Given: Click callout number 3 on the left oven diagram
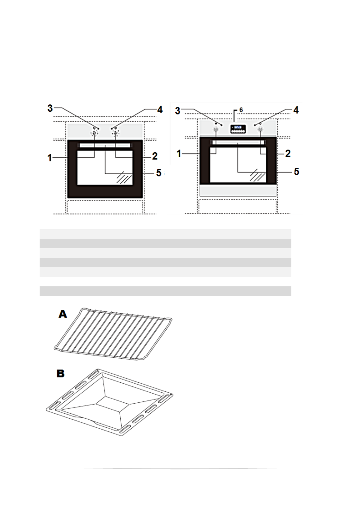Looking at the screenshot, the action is (x=50, y=108).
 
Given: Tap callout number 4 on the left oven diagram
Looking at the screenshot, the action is (x=160, y=109).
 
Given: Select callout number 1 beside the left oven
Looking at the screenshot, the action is (x=50, y=157).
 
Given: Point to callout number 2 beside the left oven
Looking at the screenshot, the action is (x=155, y=156).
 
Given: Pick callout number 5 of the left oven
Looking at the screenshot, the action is (x=159, y=173).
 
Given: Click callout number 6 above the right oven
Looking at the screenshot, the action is (x=241, y=110).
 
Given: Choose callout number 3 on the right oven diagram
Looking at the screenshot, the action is (x=178, y=111).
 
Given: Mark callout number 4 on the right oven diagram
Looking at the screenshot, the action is (x=296, y=110).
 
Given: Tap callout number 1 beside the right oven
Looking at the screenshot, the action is (x=179, y=154).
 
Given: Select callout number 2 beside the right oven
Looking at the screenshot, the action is (x=288, y=153).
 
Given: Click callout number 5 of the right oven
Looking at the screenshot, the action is (x=297, y=172).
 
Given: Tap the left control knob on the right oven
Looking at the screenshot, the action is (x=216, y=129).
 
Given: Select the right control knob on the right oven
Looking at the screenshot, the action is (x=260, y=129).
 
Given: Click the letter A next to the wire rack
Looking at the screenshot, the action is (x=63, y=314).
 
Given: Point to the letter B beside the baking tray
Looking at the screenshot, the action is (x=61, y=374).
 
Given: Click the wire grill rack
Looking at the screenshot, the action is (x=113, y=332).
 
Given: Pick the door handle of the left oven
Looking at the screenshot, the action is (x=105, y=146).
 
